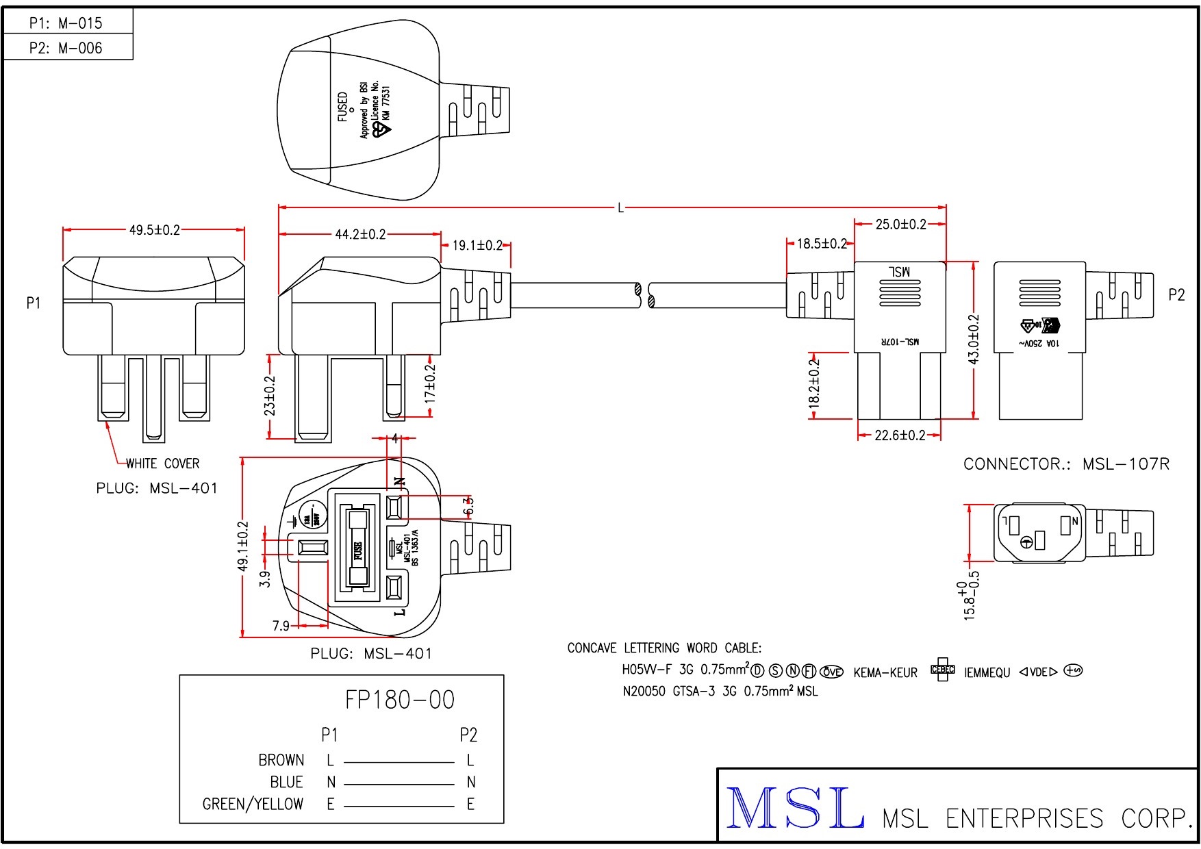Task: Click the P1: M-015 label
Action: pyautogui.click(x=66, y=23)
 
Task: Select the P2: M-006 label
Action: pyautogui.click(x=66, y=48)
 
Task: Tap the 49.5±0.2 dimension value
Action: pyautogui.click(x=155, y=230)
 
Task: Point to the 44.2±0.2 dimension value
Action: pyautogui.click(x=360, y=235)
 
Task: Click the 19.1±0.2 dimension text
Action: pyautogui.click(x=477, y=245)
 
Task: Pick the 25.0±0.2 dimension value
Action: pyautogui.click(x=900, y=225)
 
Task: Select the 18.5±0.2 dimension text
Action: pyautogui.click(x=822, y=244)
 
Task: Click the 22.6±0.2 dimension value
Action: pyautogui.click(x=900, y=435)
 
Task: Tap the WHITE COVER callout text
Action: pyautogui.click(x=163, y=464)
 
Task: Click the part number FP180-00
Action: pyautogui.click(x=400, y=700)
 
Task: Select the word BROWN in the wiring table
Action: pyautogui.click(x=281, y=760)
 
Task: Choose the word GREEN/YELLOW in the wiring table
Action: pyautogui.click(x=253, y=804)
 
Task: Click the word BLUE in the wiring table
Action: pyautogui.click(x=287, y=782)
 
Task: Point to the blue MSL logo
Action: pyautogui.click(x=794, y=808)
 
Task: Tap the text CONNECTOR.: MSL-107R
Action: pyautogui.click(x=1066, y=464)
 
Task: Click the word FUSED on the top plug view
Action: pyautogui.click(x=343, y=107)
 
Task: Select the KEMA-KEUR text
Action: pyautogui.click(x=885, y=673)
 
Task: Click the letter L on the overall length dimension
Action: pyautogui.click(x=621, y=207)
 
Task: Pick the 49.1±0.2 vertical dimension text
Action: pyautogui.click(x=243, y=546)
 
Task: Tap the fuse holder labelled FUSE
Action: pyautogui.click(x=357, y=548)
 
